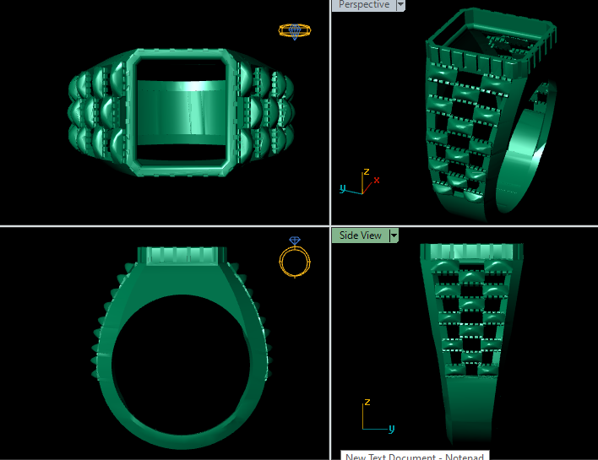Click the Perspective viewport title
pyautogui.click(x=364, y=5)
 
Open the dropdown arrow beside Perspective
pyautogui.click(x=400, y=5)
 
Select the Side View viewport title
pyautogui.click(x=360, y=235)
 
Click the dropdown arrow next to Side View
pyautogui.click(x=394, y=235)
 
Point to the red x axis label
pyautogui.click(x=377, y=180)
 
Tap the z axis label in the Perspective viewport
pyautogui.click(x=366, y=171)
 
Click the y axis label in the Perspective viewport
pyautogui.click(x=343, y=189)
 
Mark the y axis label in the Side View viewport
pyautogui.click(x=392, y=429)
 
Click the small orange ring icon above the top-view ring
pyautogui.click(x=294, y=31)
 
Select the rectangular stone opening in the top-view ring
pyautogui.click(x=183, y=110)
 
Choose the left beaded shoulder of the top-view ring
pyautogui.click(x=96, y=111)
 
